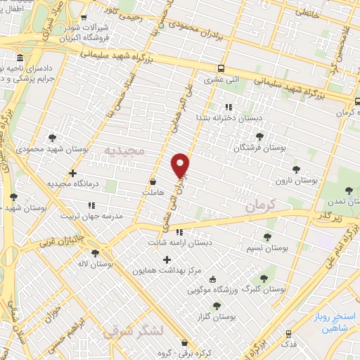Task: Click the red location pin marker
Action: (x=181, y=165)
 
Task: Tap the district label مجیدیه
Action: (x=124, y=151)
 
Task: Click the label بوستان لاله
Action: (x=91, y=264)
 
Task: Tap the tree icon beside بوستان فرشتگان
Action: (x=259, y=136)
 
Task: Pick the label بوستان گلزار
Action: (x=217, y=318)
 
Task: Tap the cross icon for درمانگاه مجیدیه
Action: (x=72, y=172)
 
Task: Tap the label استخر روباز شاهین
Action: (x=331, y=322)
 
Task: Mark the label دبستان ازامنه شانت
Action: (x=179, y=243)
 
